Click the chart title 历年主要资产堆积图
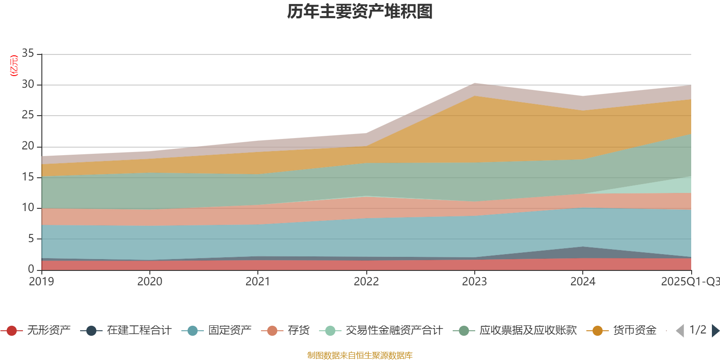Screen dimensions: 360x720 click(x=360, y=12)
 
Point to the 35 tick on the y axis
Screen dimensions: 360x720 click(x=28, y=54)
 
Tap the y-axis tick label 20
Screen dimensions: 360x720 click(x=28, y=146)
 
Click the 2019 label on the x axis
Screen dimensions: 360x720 click(x=41, y=282)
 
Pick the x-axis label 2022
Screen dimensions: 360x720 click(x=366, y=282)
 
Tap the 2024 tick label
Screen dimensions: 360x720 click(x=583, y=282)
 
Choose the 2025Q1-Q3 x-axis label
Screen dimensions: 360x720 click(x=690, y=282)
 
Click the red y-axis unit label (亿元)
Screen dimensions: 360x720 click(x=14, y=66)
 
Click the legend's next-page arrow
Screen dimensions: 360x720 click(x=715, y=331)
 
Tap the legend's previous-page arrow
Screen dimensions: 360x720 click(x=680, y=331)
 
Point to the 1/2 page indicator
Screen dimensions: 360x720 click(x=698, y=330)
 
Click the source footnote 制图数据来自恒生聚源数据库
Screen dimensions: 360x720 click(x=360, y=355)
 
